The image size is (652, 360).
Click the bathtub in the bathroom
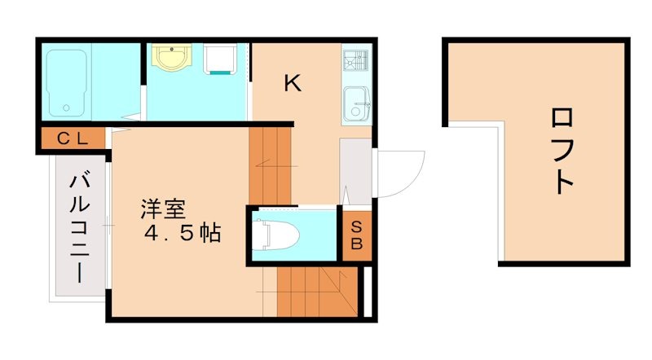(x=68, y=82)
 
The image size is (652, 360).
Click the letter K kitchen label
(x=292, y=82)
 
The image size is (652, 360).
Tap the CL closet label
(x=72, y=138)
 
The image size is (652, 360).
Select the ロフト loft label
(x=562, y=151)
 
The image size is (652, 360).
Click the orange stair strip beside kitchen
(x=270, y=163)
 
